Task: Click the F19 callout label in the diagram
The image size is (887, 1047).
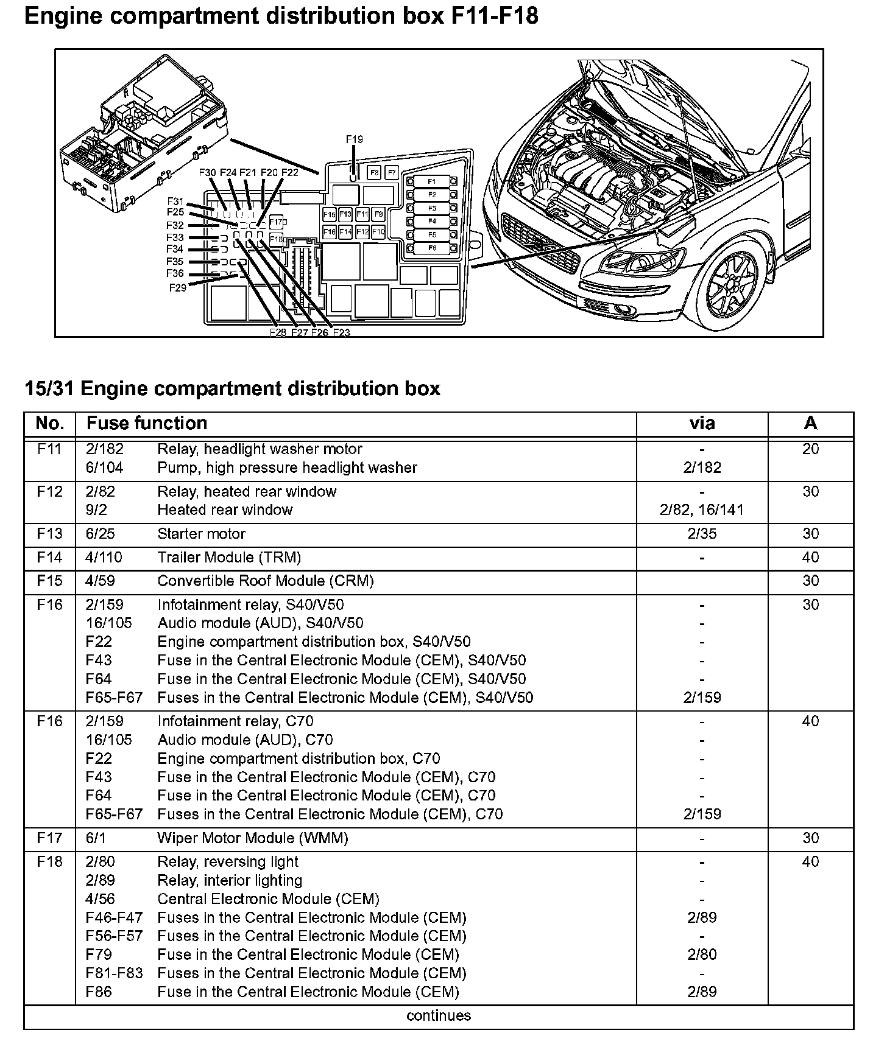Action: [354, 139]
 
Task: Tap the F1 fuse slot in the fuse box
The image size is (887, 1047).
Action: [431, 181]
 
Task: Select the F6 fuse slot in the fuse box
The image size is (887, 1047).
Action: [431, 248]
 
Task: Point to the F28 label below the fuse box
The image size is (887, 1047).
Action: [278, 332]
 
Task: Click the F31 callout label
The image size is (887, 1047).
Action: [175, 201]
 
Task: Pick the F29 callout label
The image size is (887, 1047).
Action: [177, 287]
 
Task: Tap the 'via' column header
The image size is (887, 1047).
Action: [702, 423]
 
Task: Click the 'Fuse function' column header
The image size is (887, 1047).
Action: [147, 423]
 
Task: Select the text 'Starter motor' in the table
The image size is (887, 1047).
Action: [201, 534]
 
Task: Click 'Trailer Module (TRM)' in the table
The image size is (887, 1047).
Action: [229, 558]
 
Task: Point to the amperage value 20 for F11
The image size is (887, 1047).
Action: [810, 449]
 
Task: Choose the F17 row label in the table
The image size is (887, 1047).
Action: [49, 838]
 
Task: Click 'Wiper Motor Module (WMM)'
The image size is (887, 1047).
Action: [253, 838]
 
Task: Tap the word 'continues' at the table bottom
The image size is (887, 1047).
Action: [439, 1015]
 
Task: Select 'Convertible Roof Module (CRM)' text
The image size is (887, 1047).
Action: [266, 581]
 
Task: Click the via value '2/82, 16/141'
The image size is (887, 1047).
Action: [702, 510]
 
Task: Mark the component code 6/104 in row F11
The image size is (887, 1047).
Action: [104, 468]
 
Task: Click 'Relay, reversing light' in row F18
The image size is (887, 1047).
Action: [228, 862]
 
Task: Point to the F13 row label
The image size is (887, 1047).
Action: [49, 534]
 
